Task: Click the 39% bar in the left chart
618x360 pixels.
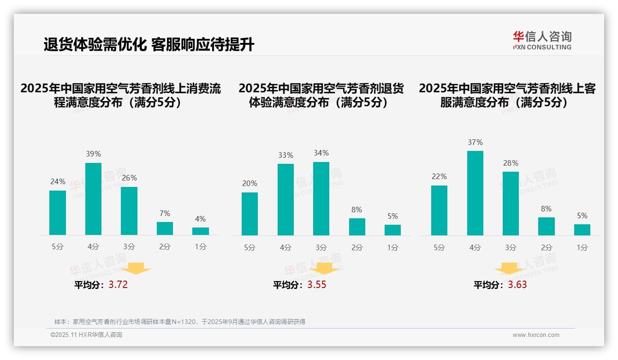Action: point(93,199)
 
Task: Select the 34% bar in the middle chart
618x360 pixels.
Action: point(321,198)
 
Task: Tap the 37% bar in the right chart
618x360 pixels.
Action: point(475,193)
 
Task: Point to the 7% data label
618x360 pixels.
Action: point(165,213)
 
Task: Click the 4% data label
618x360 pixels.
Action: point(200,219)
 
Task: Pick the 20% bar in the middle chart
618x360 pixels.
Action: point(250,214)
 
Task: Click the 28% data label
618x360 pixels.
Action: point(511,163)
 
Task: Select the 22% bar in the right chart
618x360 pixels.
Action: point(439,210)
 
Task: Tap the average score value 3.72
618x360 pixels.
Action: point(118,285)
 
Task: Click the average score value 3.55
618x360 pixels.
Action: point(317,285)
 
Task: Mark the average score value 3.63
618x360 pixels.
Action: point(517,285)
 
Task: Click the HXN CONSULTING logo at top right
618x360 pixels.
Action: point(542,41)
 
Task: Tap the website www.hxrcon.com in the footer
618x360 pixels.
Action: point(536,335)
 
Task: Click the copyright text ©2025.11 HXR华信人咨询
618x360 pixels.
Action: point(86,335)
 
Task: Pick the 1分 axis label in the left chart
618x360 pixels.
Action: point(200,247)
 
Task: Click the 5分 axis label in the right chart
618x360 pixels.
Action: point(439,248)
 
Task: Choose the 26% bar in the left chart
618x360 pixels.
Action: point(129,211)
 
